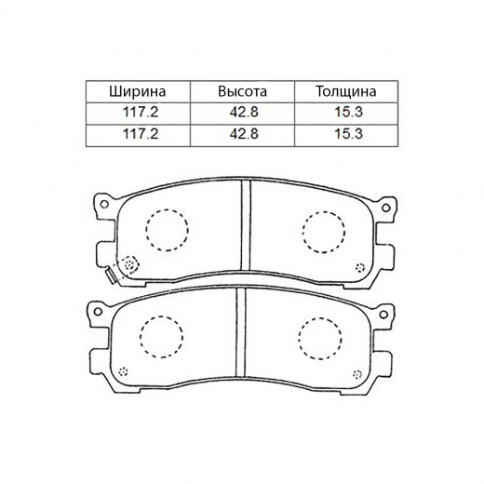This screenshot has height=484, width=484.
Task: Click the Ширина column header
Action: tap(138, 91)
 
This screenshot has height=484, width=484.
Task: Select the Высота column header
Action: tap(242, 91)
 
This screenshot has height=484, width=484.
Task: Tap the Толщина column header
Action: tap(346, 91)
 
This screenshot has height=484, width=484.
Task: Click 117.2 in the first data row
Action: tap(141, 112)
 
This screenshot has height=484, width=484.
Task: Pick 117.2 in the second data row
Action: tap(141, 134)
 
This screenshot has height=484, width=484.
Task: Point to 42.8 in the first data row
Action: tap(244, 112)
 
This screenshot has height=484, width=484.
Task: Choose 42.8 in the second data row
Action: tap(244, 134)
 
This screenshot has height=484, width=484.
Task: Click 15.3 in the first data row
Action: tap(348, 112)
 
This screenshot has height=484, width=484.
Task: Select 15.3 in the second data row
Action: tap(348, 134)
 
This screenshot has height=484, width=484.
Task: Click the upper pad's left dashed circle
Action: tap(146, 230)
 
